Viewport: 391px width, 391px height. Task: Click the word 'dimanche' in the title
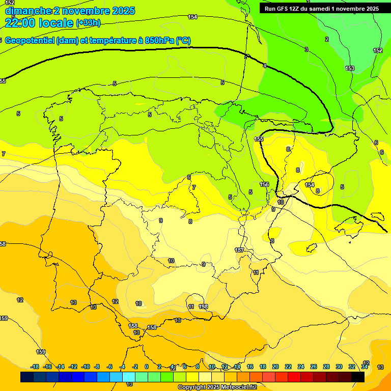(28, 11)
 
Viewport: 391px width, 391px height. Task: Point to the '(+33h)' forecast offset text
(88, 23)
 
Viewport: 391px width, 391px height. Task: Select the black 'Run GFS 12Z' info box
(321, 9)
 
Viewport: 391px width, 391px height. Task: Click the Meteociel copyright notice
(217, 387)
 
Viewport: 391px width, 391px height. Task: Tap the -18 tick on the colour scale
(35, 367)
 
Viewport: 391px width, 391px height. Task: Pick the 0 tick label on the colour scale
(147, 367)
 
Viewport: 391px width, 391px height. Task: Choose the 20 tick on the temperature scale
(275, 367)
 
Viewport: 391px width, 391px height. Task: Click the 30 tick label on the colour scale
(339, 367)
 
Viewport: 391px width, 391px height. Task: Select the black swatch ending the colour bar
(358, 377)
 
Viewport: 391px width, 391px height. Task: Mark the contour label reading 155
(259, 139)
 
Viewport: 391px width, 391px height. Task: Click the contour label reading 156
(264, 184)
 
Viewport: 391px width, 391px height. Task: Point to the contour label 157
(239, 250)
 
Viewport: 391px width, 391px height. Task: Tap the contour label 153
(350, 68)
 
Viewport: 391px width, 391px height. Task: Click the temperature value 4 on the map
(265, 66)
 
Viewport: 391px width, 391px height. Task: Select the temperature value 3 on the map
(306, 49)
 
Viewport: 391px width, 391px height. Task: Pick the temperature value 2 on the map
(327, 39)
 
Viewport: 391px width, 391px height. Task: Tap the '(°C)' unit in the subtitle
(183, 41)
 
